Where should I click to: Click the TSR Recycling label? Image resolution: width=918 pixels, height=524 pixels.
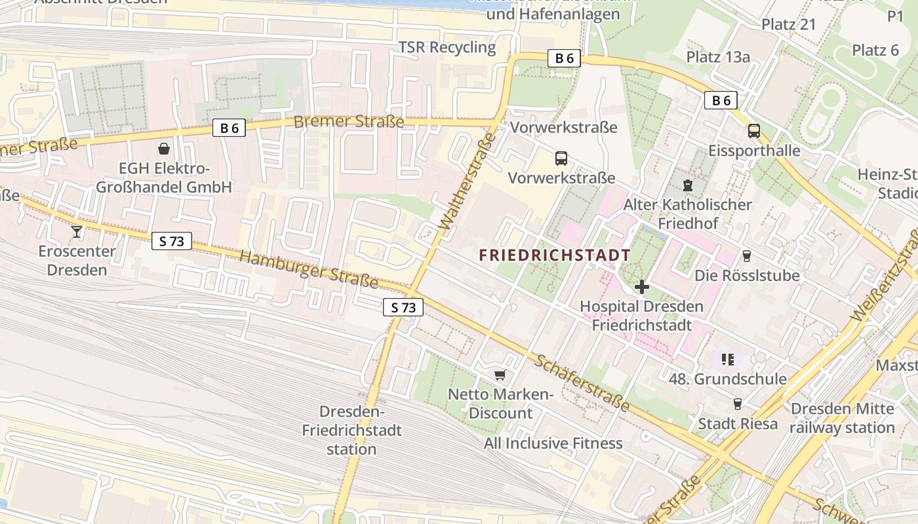447,47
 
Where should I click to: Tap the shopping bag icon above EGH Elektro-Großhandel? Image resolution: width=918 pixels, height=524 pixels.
163,149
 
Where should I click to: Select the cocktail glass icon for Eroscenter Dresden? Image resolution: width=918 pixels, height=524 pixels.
77,231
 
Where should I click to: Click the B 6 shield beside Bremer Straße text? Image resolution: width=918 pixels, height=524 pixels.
229,128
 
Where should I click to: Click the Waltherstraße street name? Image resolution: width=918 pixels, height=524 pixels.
466,181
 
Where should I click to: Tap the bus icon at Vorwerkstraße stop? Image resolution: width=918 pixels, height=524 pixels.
561,158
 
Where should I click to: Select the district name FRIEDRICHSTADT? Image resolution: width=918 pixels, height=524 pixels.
555,255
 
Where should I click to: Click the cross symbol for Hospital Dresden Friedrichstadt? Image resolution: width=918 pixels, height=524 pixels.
641,286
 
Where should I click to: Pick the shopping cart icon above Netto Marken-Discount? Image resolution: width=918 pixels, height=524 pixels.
500,375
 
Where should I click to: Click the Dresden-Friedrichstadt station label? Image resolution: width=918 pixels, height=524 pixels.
351,430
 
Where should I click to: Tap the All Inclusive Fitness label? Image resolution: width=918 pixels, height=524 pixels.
553,443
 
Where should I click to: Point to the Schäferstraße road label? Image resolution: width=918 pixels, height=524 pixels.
582,383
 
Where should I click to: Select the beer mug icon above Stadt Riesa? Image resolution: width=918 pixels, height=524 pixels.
738,403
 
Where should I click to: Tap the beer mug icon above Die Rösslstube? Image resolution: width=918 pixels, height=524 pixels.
746,255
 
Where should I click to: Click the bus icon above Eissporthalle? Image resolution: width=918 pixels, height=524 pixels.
754,131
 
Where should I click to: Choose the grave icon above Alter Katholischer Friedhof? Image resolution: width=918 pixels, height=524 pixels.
687,185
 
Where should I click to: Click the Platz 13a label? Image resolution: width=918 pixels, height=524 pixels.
718,57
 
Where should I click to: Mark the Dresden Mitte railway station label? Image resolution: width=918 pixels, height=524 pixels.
842,418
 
